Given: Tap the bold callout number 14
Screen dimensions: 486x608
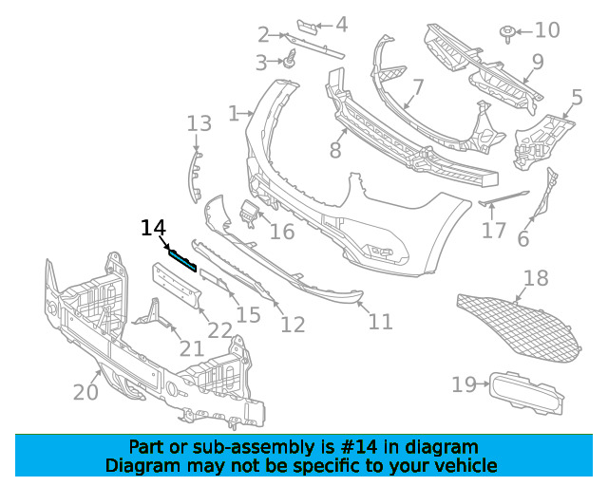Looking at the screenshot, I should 153,228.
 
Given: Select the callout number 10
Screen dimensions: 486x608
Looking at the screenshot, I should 547,30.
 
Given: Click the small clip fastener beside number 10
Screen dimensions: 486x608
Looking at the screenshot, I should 509,35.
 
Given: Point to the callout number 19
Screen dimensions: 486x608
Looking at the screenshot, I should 464,384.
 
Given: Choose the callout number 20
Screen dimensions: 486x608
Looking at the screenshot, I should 85,391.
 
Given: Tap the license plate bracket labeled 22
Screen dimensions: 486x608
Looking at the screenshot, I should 178,286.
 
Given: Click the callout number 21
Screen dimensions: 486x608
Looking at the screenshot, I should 192,348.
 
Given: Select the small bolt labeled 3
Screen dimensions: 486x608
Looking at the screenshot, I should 284,64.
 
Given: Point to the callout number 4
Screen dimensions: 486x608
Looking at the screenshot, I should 341,26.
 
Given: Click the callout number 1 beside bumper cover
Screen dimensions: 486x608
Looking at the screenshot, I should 234,114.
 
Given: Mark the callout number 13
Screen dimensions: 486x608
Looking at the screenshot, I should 199,123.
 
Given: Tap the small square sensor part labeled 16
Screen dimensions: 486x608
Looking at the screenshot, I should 249,213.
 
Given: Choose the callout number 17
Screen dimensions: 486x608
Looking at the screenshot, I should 494,231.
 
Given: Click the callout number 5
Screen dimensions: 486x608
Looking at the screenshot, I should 577,97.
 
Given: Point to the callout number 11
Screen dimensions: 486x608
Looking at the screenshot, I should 380,323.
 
